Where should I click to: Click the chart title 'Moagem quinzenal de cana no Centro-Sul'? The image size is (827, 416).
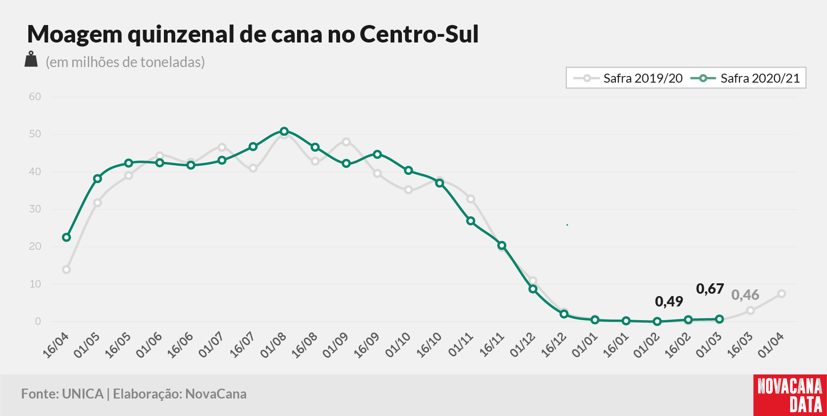tap(253, 34)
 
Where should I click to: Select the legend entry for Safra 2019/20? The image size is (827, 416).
tap(628, 78)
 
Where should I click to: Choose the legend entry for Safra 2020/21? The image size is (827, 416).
tap(745, 78)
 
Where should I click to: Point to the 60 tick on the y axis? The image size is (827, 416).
tap(35, 97)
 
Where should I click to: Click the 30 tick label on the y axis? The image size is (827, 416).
tap(35, 209)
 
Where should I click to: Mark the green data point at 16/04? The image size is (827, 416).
tap(67, 237)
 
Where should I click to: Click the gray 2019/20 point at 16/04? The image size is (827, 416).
tap(67, 270)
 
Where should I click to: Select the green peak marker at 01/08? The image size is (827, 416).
tap(284, 131)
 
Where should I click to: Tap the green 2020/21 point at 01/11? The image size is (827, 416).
tap(470, 221)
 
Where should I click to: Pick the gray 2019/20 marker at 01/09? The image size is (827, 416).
tap(346, 142)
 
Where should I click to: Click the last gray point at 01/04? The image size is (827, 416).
tap(782, 294)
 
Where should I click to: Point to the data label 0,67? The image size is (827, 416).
tap(710, 289)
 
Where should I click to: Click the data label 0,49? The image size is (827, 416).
tap(669, 301)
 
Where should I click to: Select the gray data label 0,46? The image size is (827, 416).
tap(745, 295)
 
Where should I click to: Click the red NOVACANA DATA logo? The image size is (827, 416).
tap(790, 395)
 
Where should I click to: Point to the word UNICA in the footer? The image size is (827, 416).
tap(83, 394)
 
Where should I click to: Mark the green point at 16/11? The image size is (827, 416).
tap(502, 246)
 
